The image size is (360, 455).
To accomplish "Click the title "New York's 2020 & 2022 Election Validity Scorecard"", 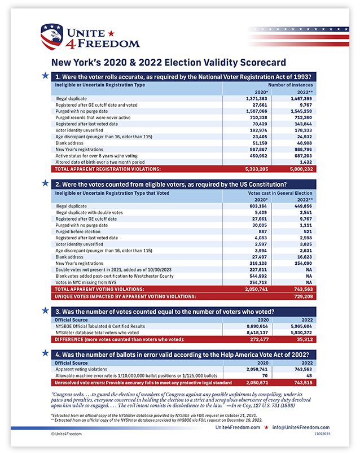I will (x=168, y=63).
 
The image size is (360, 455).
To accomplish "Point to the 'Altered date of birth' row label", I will (x=100, y=161).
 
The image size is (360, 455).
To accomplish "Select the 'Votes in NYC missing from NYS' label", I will (x=85, y=281).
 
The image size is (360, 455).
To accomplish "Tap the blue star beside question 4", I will (x=45, y=354).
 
